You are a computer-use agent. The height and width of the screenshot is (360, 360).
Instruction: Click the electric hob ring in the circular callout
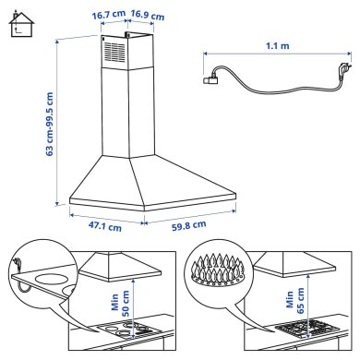[x=48, y=278]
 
